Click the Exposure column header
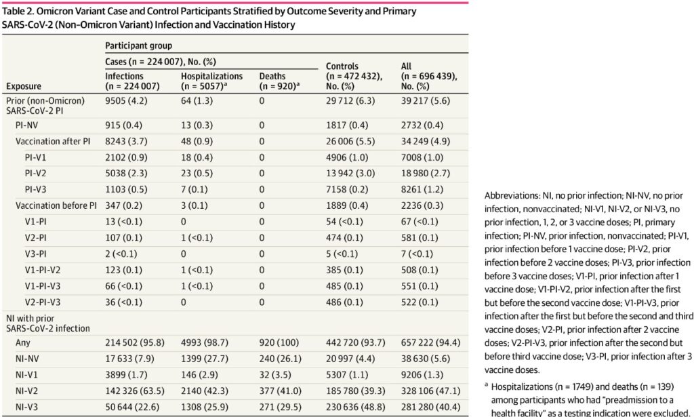pyautogui.click(x=24, y=86)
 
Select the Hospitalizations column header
pyautogui.click(x=211, y=81)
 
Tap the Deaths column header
pyautogui.click(x=279, y=81)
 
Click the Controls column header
pyautogui.click(x=354, y=76)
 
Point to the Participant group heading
pyautogui.click(x=138, y=45)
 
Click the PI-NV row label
pyautogui.click(x=26, y=125)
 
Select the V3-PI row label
pyautogui.click(x=35, y=254)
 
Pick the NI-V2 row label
pyautogui.click(x=26, y=391)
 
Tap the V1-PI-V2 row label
pyautogui.click(x=43, y=270)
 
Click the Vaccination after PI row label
pyautogui.click(x=53, y=142)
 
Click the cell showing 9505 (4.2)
pyautogui.click(x=126, y=101)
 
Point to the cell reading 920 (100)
pyautogui.click(x=279, y=342)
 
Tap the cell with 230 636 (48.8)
pyautogui.click(x=356, y=407)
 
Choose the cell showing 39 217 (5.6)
pyautogui.click(x=426, y=101)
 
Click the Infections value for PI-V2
pyautogui.click(x=126, y=174)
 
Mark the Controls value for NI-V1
pyautogui.click(x=347, y=375)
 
